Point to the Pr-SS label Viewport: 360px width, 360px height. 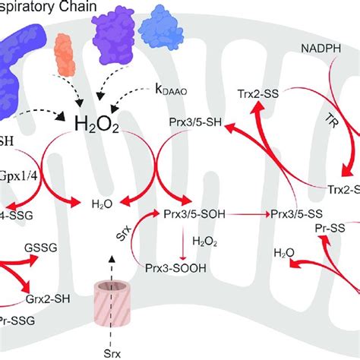pyautogui.click(x=330, y=226)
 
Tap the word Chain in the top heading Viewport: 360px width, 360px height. pyautogui.click(x=93, y=8)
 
